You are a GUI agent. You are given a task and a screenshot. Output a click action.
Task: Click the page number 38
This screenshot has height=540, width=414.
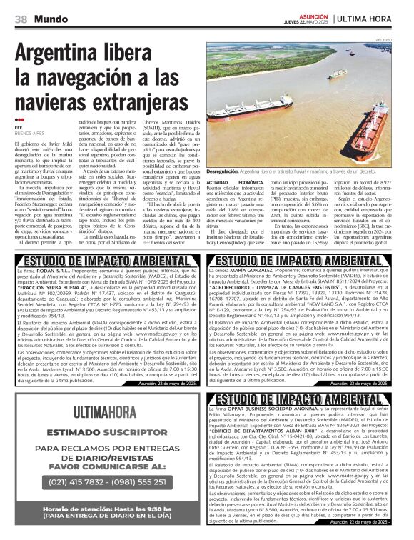[x=21, y=19]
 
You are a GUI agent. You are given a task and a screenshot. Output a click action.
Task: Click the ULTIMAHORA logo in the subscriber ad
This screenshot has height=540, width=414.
[x=107, y=411]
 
